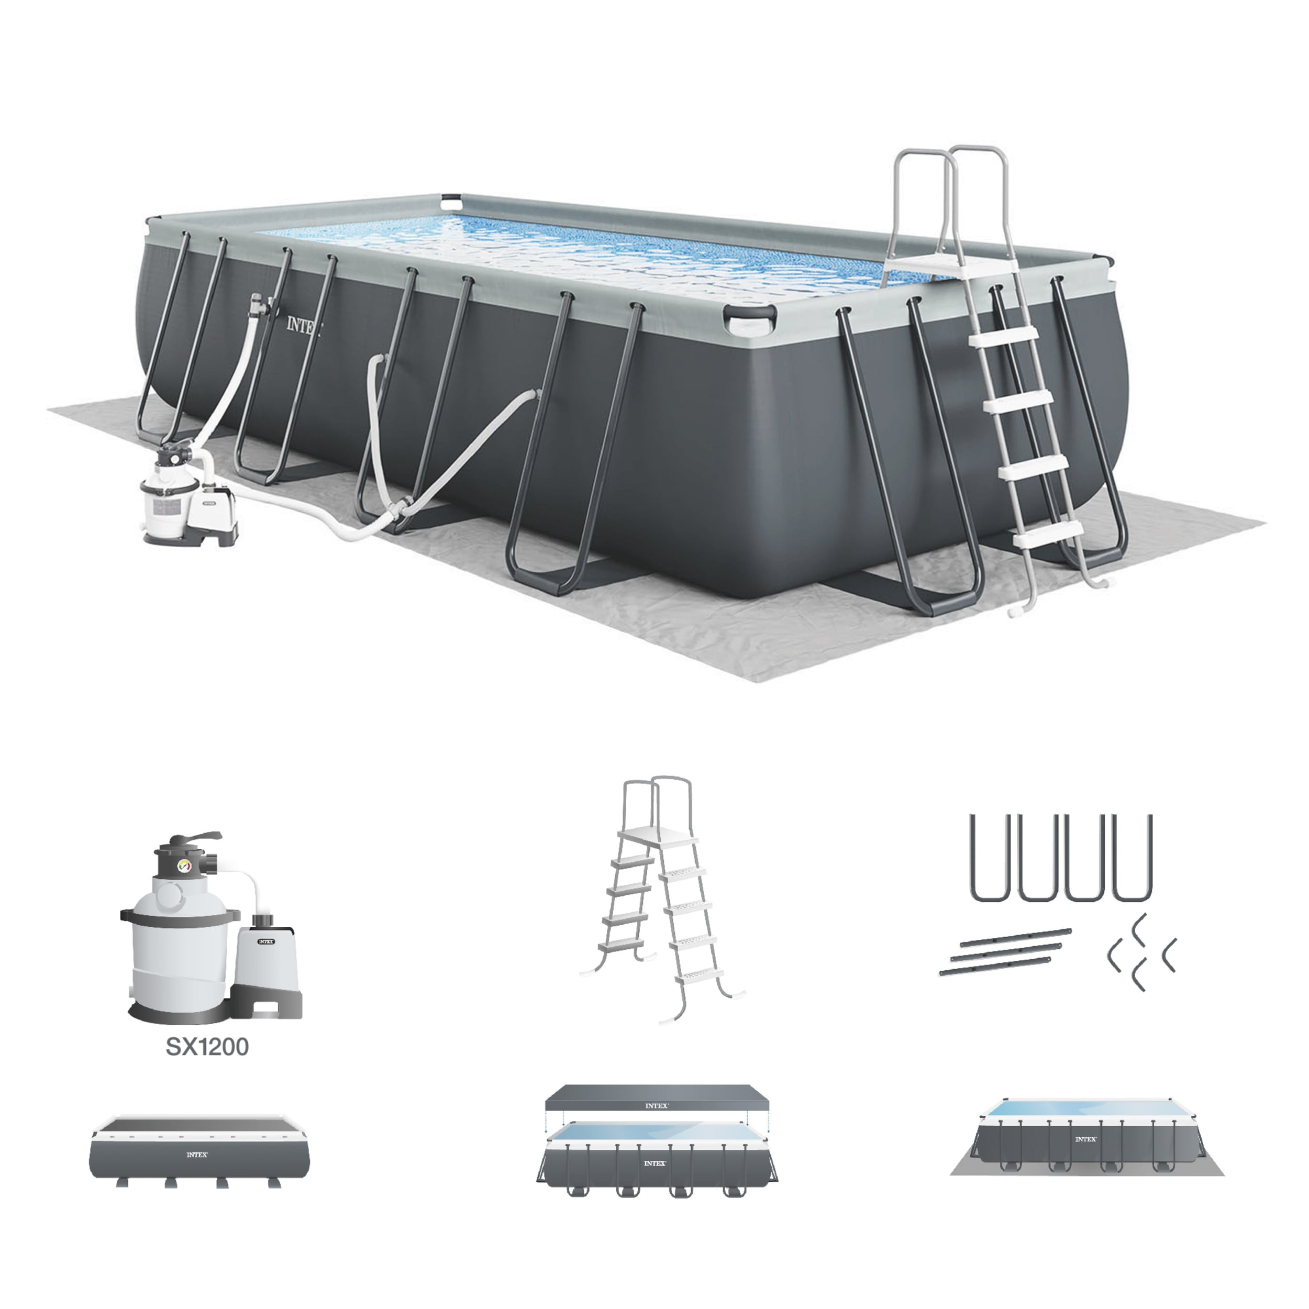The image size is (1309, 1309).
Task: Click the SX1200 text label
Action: (207, 1047)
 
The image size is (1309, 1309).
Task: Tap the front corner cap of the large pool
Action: (749, 318)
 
